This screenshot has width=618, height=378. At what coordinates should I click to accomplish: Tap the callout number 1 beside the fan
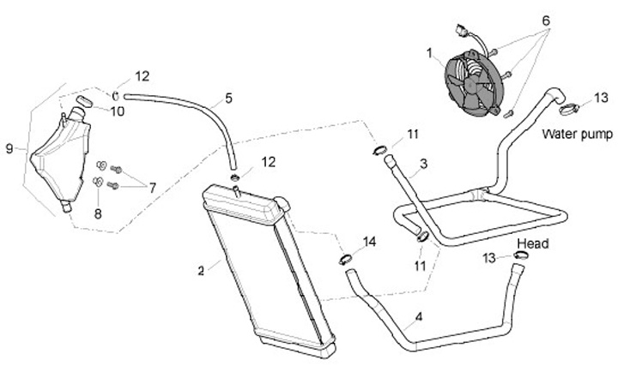pyautogui.click(x=430, y=52)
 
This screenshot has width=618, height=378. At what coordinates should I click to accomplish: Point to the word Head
pyautogui.click(x=533, y=243)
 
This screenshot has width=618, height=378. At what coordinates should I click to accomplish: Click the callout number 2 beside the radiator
pyautogui.click(x=201, y=271)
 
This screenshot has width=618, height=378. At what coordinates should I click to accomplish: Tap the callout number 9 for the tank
pyautogui.click(x=9, y=148)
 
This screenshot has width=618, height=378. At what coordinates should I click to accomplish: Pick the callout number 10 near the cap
pyautogui.click(x=117, y=111)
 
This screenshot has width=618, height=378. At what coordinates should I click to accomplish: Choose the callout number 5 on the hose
pyautogui.click(x=228, y=99)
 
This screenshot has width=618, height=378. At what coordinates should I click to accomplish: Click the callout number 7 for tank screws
pyautogui.click(x=152, y=187)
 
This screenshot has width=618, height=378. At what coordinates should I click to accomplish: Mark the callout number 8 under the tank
pyautogui.click(x=98, y=213)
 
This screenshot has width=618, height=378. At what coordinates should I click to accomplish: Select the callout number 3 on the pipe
pyautogui.click(x=423, y=163)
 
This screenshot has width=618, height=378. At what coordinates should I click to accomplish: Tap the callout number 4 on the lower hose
pyautogui.click(x=418, y=318)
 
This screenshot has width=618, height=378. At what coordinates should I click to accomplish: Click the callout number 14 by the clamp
pyautogui.click(x=369, y=242)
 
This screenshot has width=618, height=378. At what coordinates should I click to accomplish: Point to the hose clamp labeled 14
pyautogui.click(x=345, y=257)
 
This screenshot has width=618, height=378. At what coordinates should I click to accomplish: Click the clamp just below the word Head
pyautogui.click(x=521, y=255)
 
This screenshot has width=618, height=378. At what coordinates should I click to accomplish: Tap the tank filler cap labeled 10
pyautogui.click(x=84, y=102)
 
